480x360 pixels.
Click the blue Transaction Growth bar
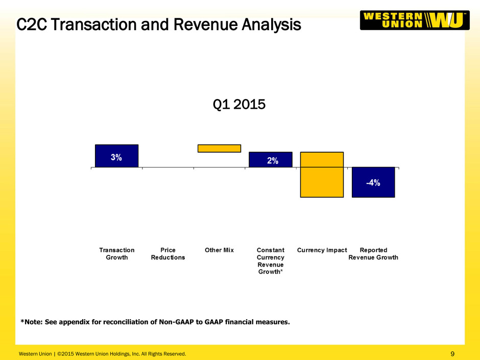point(116,156)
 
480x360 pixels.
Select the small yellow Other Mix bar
point(219,149)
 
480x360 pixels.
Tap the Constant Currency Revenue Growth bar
point(271,159)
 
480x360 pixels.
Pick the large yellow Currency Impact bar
point(322,175)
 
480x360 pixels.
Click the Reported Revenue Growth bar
point(373,182)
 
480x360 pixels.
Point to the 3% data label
point(116,157)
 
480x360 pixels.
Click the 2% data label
point(273,161)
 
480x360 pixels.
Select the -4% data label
point(373,183)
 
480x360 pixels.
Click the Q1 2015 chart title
point(239,104)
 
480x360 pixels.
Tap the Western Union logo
point(415,20)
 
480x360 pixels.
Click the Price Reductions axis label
point(168,254)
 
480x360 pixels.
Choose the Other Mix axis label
point(219,250)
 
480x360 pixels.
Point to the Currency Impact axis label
point(322,250)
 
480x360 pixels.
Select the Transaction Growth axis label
point(116,254)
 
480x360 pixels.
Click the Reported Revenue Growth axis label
point(373,254)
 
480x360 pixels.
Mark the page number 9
point(452,354)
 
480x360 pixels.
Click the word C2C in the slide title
point(32,25)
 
